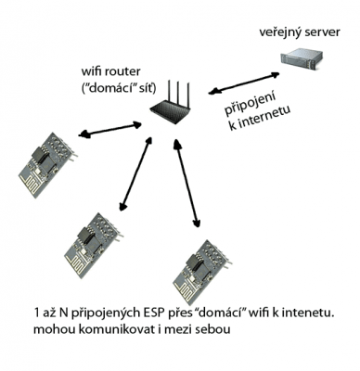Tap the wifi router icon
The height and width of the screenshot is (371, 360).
(170, 104)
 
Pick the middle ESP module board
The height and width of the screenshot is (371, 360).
(95, 243)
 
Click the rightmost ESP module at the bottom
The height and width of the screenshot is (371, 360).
(202, 270)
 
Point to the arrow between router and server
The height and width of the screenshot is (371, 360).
(244, 83)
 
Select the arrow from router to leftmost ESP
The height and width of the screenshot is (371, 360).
(109, 130)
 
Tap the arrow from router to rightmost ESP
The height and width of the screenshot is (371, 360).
(186, 183)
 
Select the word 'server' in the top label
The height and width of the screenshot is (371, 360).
(322, 32)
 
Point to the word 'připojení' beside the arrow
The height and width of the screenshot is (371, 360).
(250, 104)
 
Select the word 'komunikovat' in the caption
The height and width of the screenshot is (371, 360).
(117, 329)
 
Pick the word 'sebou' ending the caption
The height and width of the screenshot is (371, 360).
(213, 329)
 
